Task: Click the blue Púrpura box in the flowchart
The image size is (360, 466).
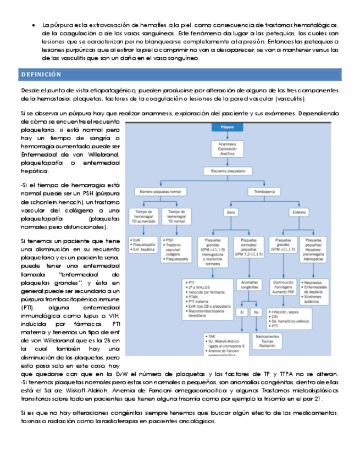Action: point(227,127)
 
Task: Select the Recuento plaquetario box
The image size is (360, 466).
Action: point(227,171)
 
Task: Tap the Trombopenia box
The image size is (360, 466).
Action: point(261,192)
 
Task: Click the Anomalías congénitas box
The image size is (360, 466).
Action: point(249,285)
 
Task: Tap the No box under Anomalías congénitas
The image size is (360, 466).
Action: point(256,312)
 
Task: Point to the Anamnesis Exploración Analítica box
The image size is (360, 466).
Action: point(227,148)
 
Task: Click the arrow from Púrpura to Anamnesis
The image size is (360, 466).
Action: point(227,135)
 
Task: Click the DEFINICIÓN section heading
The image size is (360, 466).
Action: point(42,74)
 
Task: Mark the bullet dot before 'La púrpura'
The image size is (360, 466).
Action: point(35,26)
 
